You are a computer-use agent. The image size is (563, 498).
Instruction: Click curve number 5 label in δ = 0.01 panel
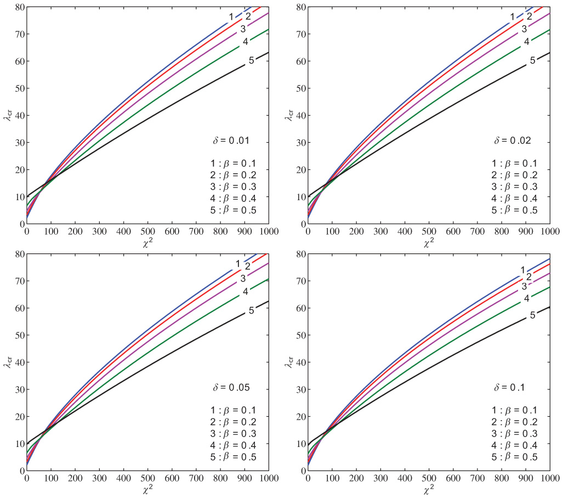tap(251, 60)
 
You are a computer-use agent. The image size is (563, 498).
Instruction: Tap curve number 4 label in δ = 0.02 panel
tap(526, 42)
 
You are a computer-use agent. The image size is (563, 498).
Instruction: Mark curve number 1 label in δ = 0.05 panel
tap(238, 264)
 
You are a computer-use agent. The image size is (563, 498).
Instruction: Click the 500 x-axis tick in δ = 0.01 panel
tap(147, 232)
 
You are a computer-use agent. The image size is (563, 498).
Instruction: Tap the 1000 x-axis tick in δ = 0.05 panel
tap(268, 479)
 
